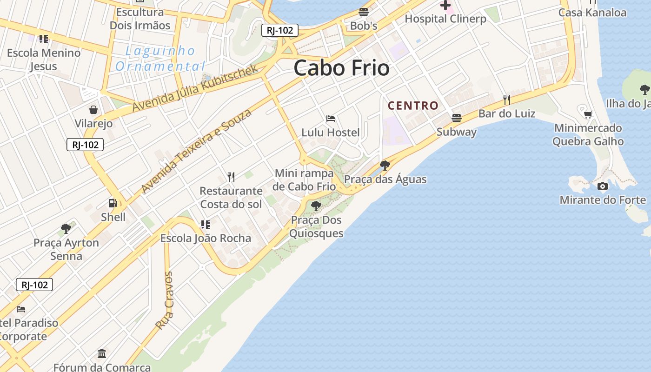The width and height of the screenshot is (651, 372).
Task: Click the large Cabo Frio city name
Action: (x=341, y=68)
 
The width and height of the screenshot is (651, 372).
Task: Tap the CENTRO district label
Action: (x=413, y=106)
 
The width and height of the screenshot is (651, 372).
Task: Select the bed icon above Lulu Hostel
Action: (x=331, y=119)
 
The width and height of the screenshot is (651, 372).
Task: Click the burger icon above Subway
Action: (x=457, y=118)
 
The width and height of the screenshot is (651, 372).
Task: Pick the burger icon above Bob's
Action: (x=364, y=12)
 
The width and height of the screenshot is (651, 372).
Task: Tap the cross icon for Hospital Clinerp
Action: (x=445, y=6)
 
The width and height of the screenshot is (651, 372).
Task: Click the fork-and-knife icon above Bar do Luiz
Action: (x=507, y=100)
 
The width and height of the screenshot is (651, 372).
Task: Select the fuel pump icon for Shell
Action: (x=113, y=203)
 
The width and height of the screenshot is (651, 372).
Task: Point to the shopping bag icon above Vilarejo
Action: (x=93, y=110)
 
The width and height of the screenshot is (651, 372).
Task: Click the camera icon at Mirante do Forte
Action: (x=603, y=186)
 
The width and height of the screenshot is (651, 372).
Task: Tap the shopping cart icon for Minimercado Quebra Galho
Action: (x=588, y=114)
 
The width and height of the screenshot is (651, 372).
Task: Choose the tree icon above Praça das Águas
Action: (x=385, y=165)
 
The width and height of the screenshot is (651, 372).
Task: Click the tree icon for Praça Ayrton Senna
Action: (x=66, y=229)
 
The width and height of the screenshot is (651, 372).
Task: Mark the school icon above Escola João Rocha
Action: (x=205, y=225)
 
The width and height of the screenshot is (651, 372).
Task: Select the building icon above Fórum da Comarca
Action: (x=102, y=353)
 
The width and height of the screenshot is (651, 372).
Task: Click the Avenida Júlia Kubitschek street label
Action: (x=195, y=88)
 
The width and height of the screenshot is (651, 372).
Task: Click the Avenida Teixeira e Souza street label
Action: (x=196, y=151)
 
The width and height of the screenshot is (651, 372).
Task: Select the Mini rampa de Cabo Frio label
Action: (x=305, y=180)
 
